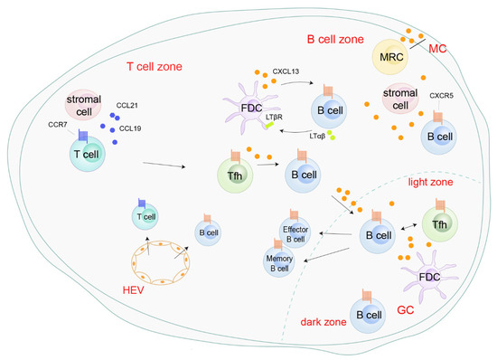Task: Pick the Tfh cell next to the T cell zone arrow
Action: pyautogui.click(x=233, y=169)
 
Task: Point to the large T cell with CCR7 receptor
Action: pyautogui.click(x=77, y=153)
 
